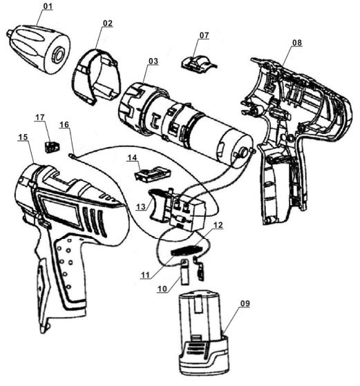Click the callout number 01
pyautogui.click(x=48, y=6)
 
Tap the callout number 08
pyautogui.click(x=297, y=43)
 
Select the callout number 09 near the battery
pyautogui.click(x=245, y=304)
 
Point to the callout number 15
pyautogui.click(x=23, y=137)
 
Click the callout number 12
pyautogui.click(x=218, y=224)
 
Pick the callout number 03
pyautogui.click(x=153, y=61)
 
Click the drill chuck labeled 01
pyautogui.click(x=39, y=48)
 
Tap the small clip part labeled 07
pyautogui.click(x=199, y=63)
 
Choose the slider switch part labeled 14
pyautogui.click(x=153, y=174)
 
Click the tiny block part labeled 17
pyautogui.click(x=53, y=147)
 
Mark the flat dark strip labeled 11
pyautogui.click(x=188, y=250)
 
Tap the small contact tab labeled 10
pyautogui.click(x=184, y=272)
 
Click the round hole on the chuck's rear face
pyautogui.click(x=59, y=55)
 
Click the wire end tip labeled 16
pyautogui.click(x=71, y=155)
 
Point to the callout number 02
pyautogui.click(x=107, y=23)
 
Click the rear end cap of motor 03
pyautogui.click(x=241, y=151)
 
